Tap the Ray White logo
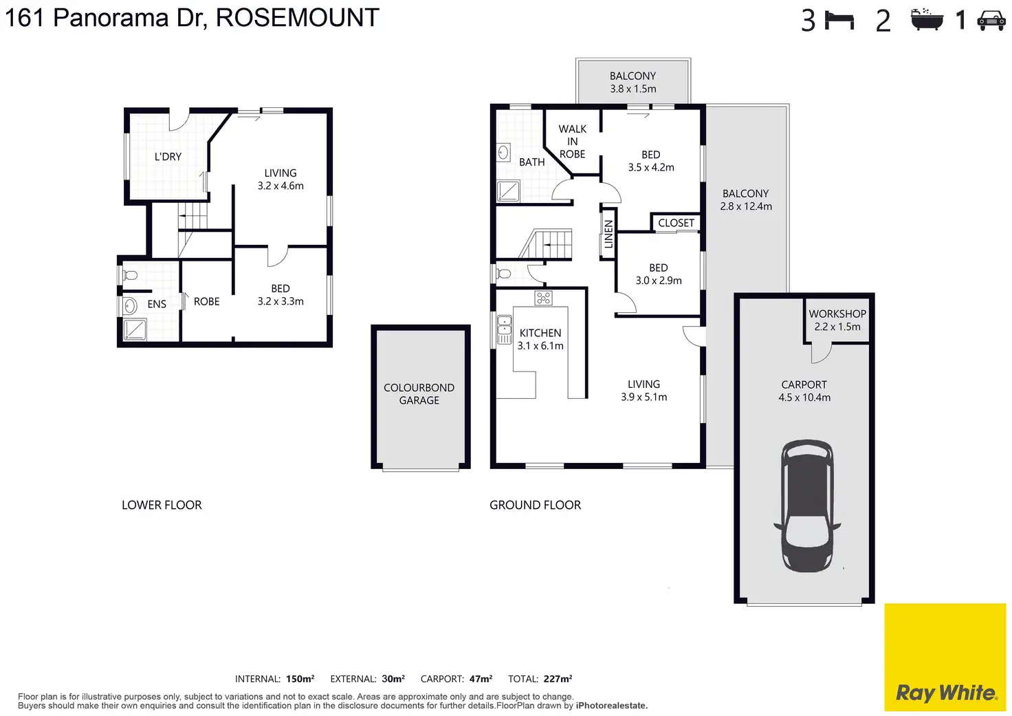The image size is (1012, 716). (945, 692)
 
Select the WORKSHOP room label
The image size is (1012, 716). (837, 314)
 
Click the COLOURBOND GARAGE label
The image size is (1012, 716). (419, 394)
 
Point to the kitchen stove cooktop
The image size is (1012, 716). (544, 298)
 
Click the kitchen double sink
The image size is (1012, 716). (504, 329)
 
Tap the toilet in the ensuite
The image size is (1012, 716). (129, 276)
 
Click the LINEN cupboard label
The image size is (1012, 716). (608, 234)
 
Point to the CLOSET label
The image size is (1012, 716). (676, 223)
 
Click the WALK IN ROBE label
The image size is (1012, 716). (572, 142)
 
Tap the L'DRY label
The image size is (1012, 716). (168, 157)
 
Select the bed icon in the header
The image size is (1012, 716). (839, 21)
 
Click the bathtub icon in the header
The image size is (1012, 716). (927, 19)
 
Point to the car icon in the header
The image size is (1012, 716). (991, 21)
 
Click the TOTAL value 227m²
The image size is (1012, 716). (558, 679)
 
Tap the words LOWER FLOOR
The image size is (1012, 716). (162, 505)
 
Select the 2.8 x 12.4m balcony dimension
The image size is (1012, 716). (746, 206)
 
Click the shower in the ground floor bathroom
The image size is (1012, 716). (508, 191)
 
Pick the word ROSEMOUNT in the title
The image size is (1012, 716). (297, 18)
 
